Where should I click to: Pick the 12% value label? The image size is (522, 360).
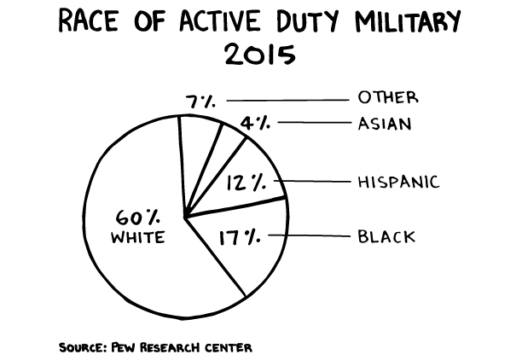[246, 181]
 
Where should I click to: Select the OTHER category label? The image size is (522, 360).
[388, 97]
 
